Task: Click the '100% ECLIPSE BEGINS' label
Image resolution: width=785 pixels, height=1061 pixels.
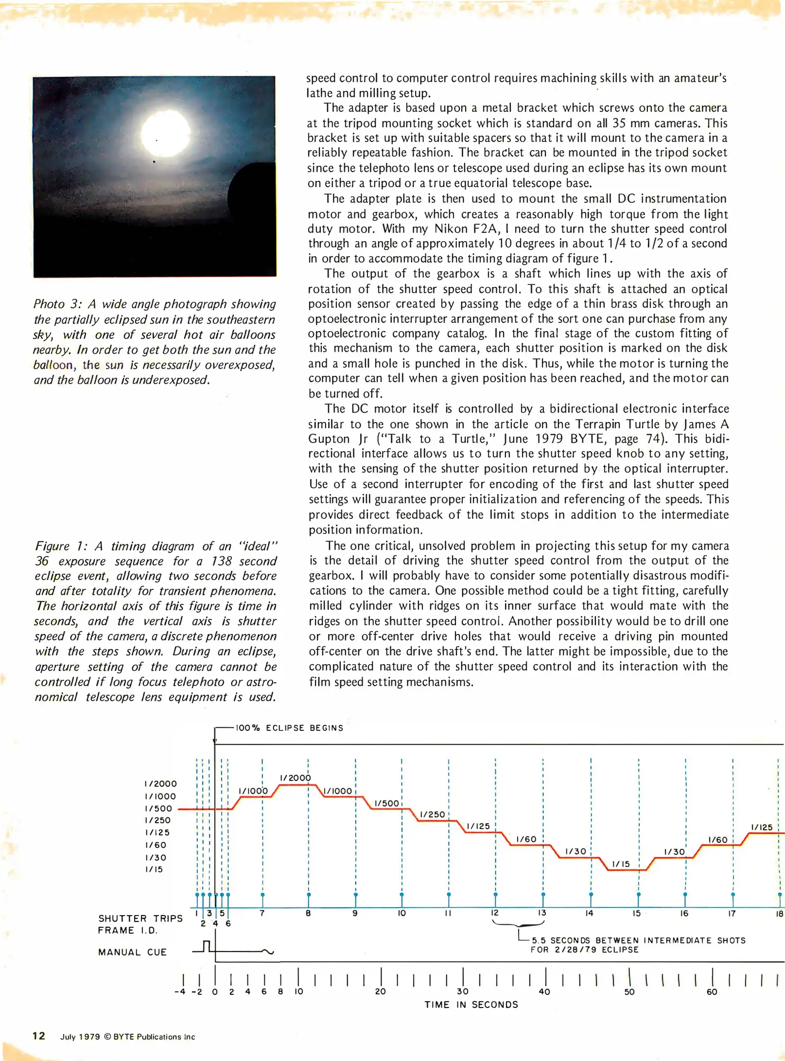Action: pos(289,728)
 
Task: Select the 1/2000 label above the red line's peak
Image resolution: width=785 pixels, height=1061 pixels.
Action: pos(295,778)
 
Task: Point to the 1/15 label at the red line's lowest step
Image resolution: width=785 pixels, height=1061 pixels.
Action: pos(621,864)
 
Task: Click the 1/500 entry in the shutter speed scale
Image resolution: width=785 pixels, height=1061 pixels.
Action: pos(159,809)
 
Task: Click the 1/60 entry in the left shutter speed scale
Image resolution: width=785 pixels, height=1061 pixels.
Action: pos(156,845)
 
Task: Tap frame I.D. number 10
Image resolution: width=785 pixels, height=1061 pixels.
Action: pos(401,913)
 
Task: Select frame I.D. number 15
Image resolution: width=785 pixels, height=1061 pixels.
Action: pos(636,914)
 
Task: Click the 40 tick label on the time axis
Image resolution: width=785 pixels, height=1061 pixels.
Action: pos(544,992)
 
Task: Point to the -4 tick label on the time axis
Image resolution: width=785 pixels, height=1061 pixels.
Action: pos(180,992)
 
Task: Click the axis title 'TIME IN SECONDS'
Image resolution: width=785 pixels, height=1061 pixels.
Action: pos(471,1005)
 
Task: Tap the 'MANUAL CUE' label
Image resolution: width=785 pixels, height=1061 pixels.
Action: pos(132,952)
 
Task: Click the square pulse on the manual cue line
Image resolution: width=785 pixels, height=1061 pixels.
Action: pos(207,946)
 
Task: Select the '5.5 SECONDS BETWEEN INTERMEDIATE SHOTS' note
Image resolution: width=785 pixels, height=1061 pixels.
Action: pos(638,941)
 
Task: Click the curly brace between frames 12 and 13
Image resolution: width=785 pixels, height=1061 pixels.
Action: pos(518,924)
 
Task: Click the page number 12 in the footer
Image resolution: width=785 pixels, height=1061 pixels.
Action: pos(39,1036)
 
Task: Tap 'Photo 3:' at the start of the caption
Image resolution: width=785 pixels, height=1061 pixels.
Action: pos(55,304)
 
